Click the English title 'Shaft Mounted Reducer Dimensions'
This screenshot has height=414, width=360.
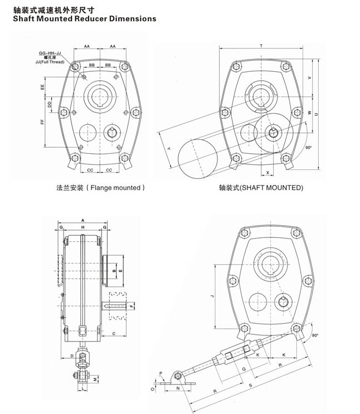pyautogui.click(x=79, y=18)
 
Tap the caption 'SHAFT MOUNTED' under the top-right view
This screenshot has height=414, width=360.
pyautogui.click(x=261, y=188)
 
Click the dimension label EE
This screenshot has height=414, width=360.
pyautogui.click(x=42, y=87)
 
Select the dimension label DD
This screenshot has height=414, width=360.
pyautogui.click(x=50, y=104)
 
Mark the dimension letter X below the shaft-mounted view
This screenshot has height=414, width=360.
pyautogui.click(x=267, y=173)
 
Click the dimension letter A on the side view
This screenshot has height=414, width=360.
pyautogui.click(x=82, y=220)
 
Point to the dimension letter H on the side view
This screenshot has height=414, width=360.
pyautogui.click(x=82, y=228)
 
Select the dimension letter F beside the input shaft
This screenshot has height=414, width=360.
pyautogui.click(x=132, y=306)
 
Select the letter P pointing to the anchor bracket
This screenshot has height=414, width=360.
pyautogui.click(x=160, y=373)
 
